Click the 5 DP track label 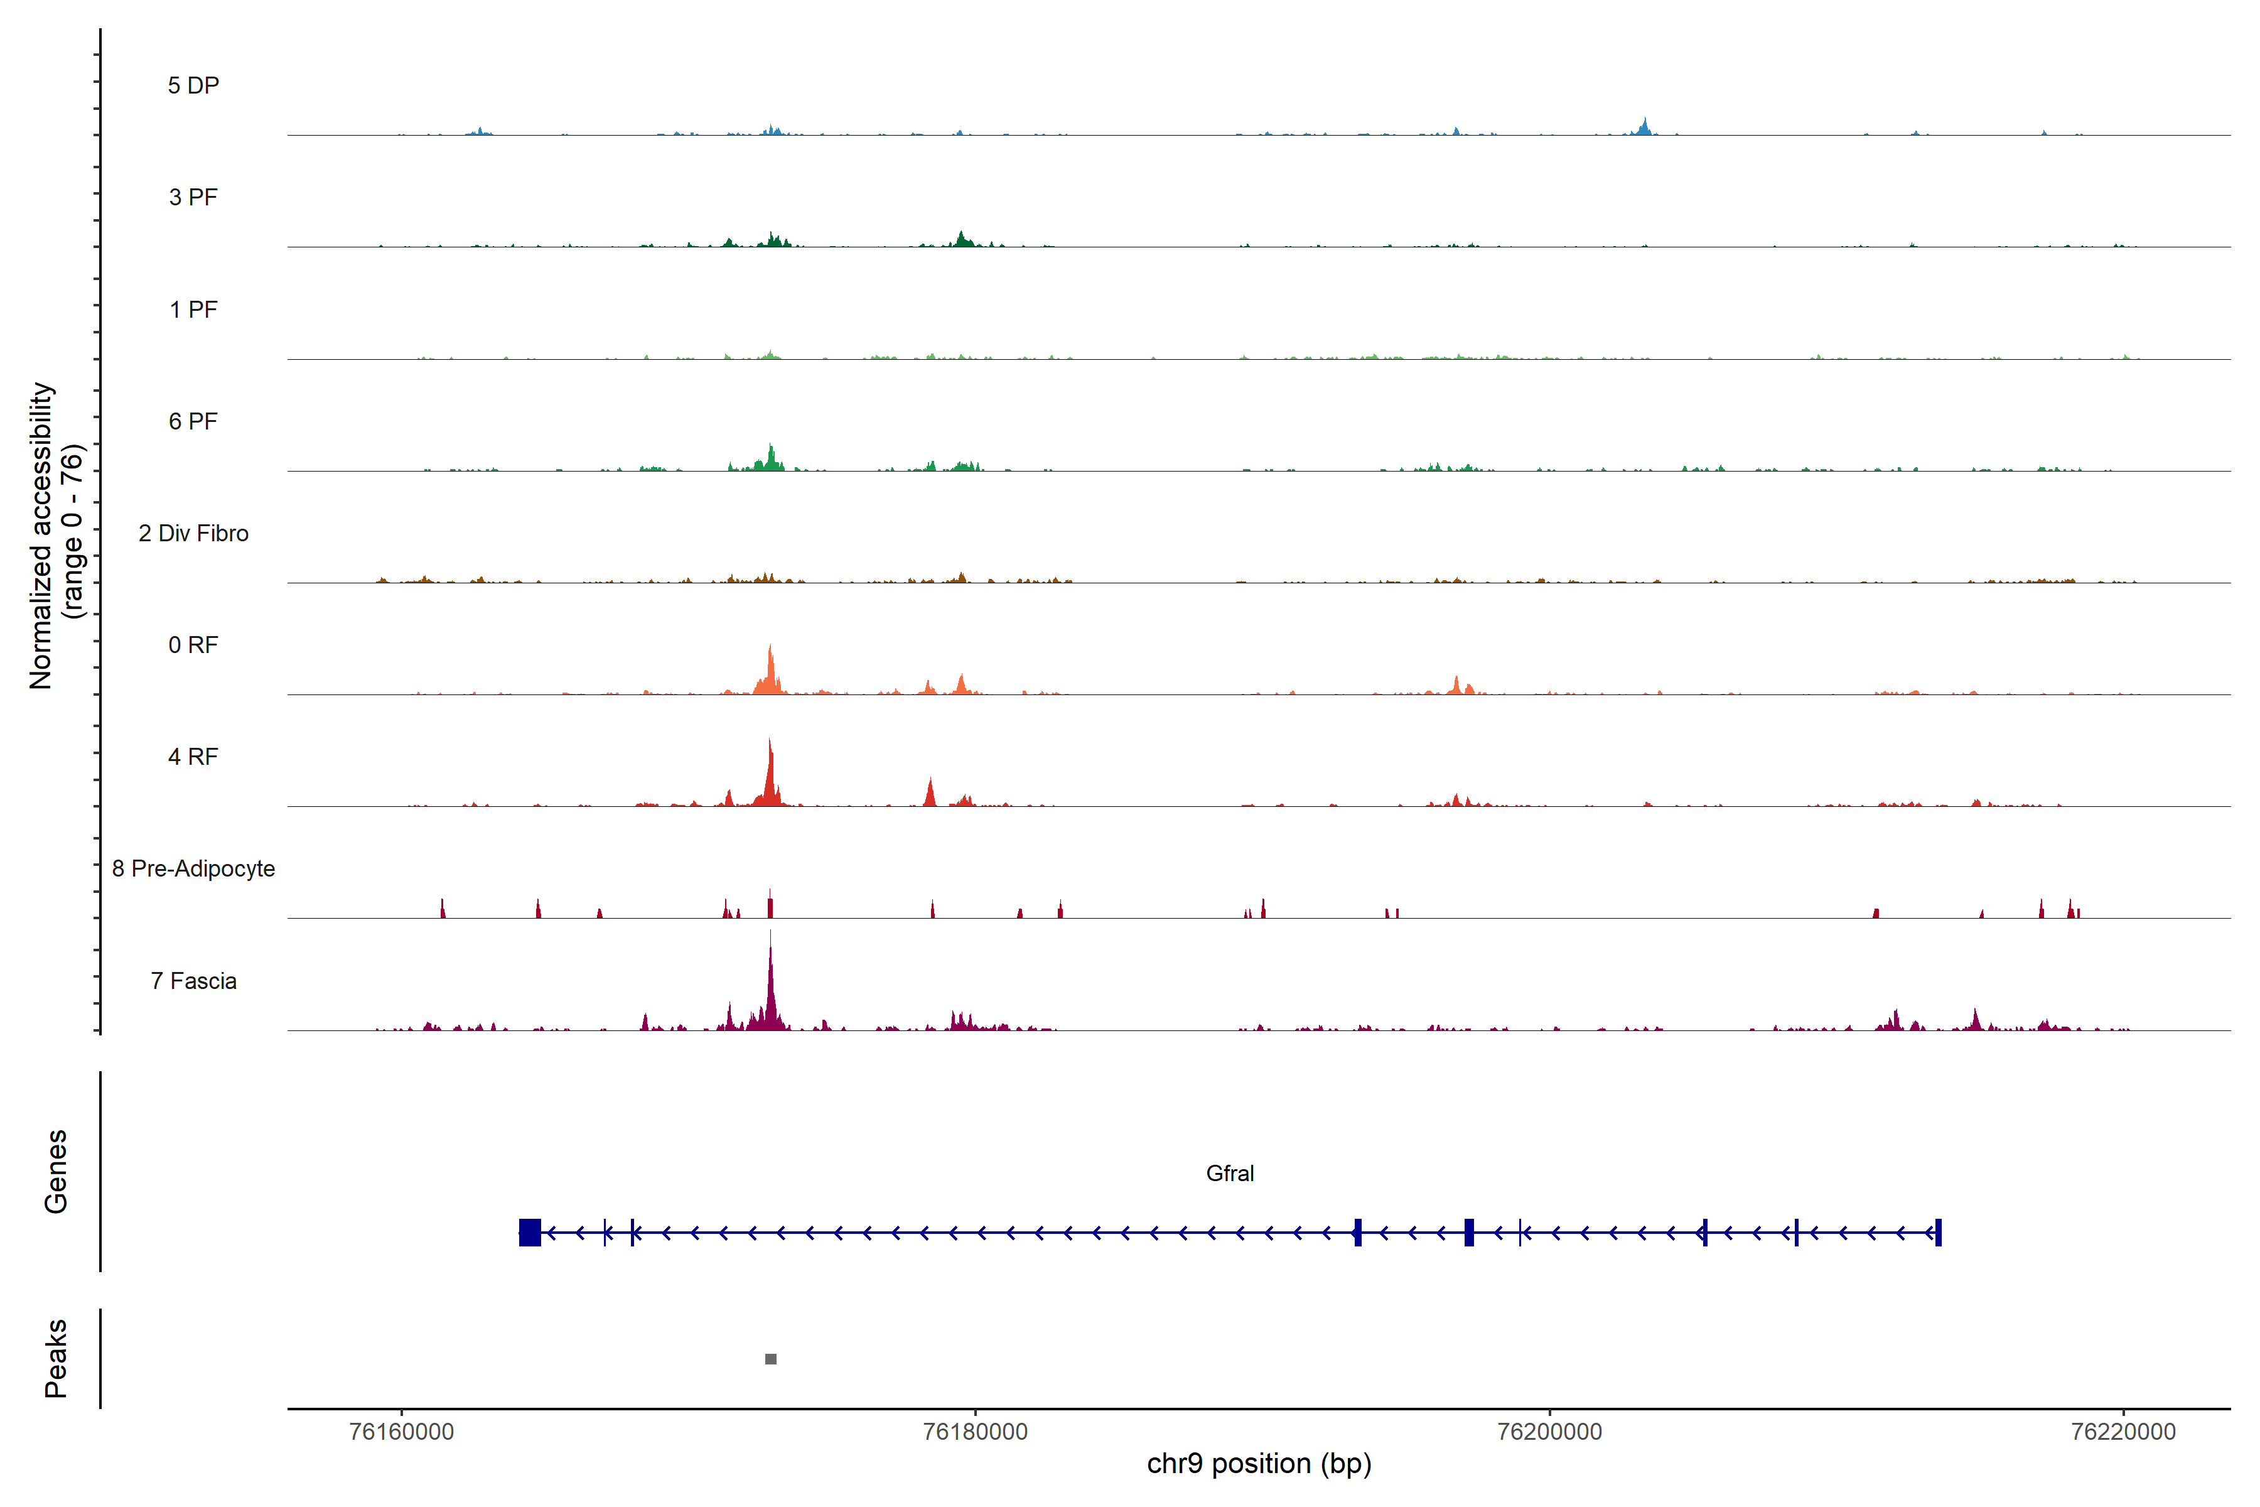tap(193, 85)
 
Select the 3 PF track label tap(193, 197)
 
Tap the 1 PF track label tap(193, 310)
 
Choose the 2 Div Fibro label tap(193, 533)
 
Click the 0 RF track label tap(193, 645)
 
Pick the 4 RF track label tap(193, 757)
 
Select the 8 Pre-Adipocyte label tap(193, 869)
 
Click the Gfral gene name tap(1229, 1174)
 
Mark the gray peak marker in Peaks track tap(771, 1359)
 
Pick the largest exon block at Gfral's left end tap(529, 1232)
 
